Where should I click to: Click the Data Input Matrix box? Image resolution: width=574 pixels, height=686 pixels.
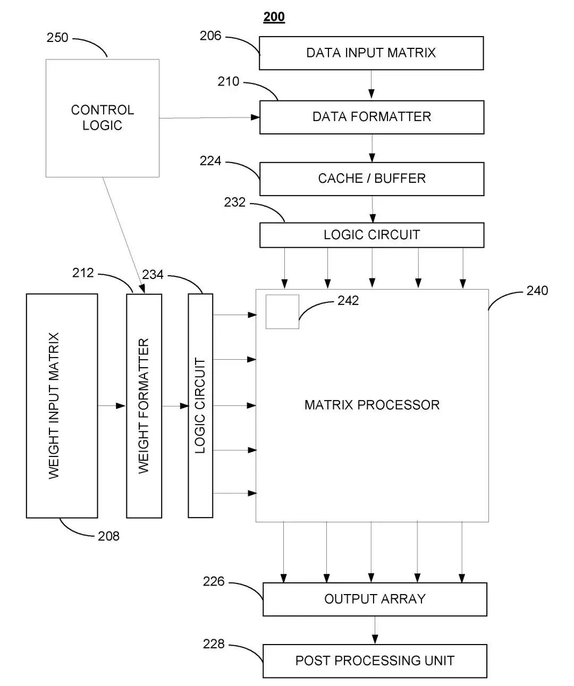(x=371, y=53)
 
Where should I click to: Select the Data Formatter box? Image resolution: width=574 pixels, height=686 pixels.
(x=372, y=117)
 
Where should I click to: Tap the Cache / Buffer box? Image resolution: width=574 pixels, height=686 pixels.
(x=372, y=179)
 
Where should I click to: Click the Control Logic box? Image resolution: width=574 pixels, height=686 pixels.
(x=103, y=118)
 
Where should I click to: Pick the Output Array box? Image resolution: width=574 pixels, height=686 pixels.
(x=375, y=599)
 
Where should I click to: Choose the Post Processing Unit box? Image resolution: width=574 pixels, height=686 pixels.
(x=375, y=661)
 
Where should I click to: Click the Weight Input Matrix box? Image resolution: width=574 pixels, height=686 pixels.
(x=62, y=406)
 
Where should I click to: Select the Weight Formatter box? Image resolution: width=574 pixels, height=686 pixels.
(x=144, y=406)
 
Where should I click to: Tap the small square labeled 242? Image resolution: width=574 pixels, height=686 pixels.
(x=282, y=311)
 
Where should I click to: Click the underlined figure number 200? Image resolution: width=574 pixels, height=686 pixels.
(x=274, y=17)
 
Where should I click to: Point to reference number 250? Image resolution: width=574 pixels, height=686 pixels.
(x=57, y=38)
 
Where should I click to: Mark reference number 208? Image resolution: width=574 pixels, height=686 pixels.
(x=108, y=536)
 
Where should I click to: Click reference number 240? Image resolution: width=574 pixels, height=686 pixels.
(x=537, y=291)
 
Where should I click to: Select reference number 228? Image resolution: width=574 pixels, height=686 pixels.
(x=214, y=644)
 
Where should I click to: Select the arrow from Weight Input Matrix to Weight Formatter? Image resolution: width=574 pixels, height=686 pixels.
(x=112, y=406)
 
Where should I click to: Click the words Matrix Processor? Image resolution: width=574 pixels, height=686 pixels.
(x=372, y=405)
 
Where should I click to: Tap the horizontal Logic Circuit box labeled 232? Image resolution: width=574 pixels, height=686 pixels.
(x=372, y=235)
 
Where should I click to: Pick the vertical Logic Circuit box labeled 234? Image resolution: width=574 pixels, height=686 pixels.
(x=200, y=406)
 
